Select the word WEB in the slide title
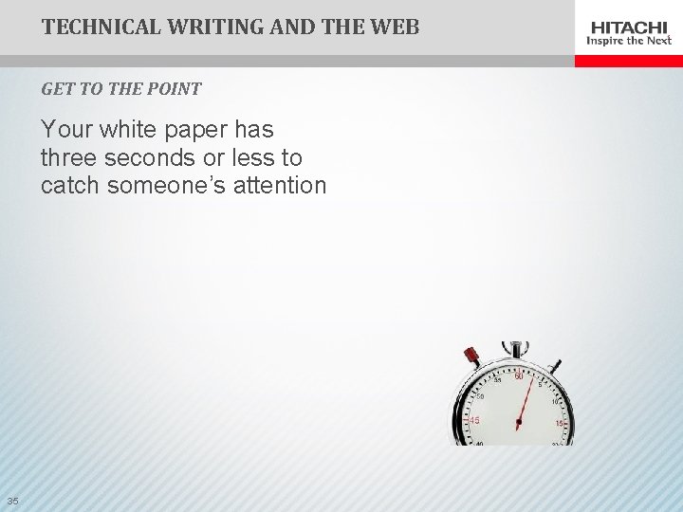coord(393,27)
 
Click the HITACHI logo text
coord(630,27)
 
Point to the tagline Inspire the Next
coord(630,41)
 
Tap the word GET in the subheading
coord(56,89)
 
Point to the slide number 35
coord(12,501)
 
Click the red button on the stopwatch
coord(471,357)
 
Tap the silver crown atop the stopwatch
coord(515,348)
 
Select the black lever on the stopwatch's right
coord(555,364)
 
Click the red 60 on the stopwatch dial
coord(519,378)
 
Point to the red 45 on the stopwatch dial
coord(473,419)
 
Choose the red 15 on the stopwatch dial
coord(561,424)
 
